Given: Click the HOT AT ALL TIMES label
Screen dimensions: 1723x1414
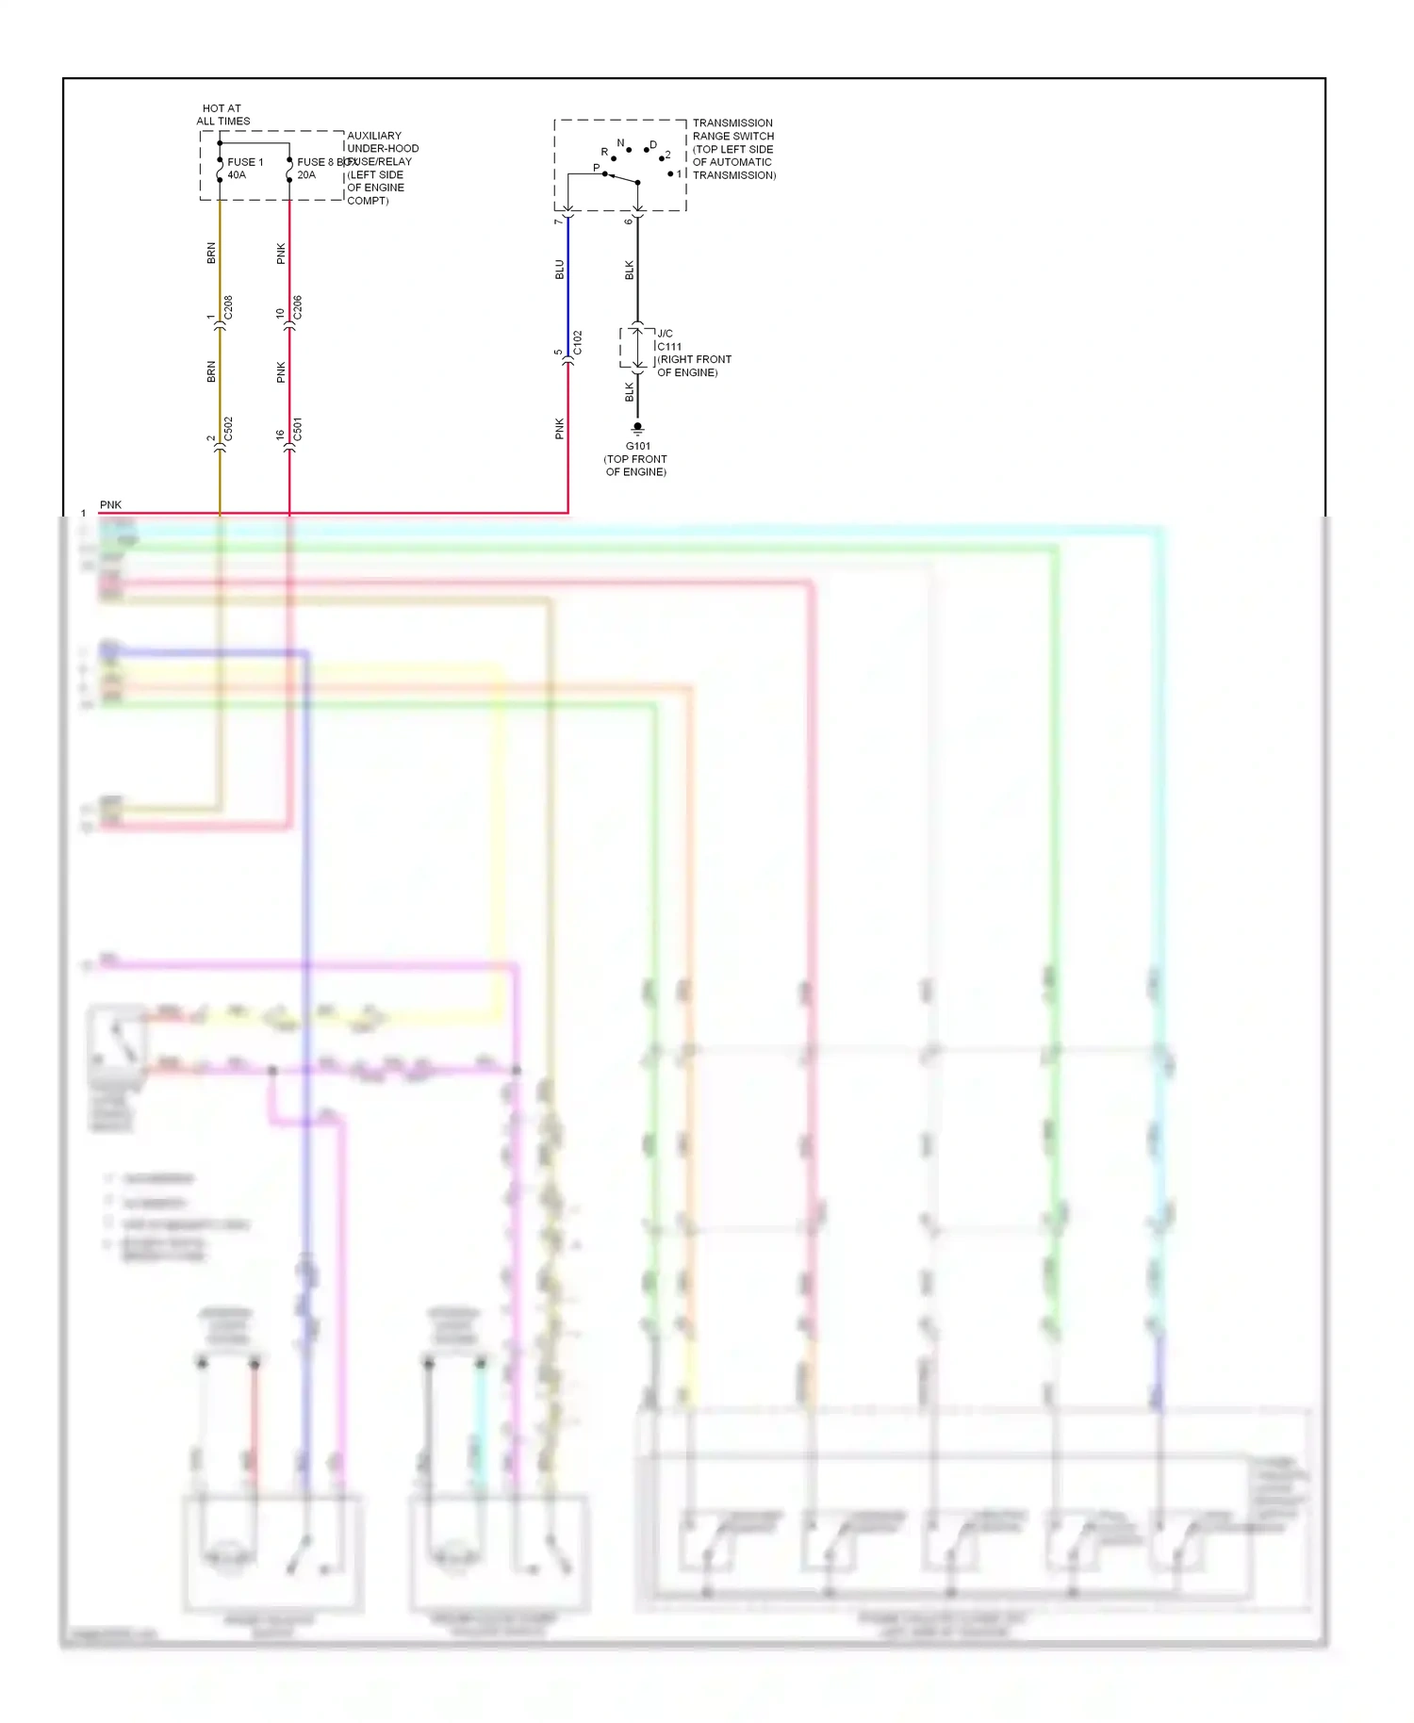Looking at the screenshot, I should click(222, 115).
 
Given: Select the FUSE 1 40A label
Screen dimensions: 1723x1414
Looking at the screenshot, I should click(244, 168).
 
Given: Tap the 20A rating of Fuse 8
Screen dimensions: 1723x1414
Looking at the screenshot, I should click(306, 175).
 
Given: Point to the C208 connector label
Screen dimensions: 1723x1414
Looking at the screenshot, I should click(228, 308).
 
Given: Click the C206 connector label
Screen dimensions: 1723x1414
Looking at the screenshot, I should click(298, 308).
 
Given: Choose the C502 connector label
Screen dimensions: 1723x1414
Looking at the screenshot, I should click(228, 430).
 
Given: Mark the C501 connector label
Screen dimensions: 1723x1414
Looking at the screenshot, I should click(298, 430).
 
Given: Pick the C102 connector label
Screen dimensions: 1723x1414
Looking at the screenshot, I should click(578, 343).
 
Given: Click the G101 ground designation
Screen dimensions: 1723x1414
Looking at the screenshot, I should click(638, 447).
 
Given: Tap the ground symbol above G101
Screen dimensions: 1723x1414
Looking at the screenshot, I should click(638, 428).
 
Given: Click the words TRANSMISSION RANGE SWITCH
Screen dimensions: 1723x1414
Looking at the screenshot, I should click(733, 129).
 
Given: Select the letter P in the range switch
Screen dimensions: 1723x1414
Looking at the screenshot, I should click(596, 169).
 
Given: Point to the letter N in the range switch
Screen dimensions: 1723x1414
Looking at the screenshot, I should click(620, 143).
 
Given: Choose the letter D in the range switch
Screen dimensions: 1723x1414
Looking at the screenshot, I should click(653, 145).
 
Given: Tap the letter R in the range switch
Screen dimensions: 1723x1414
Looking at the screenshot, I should click(604, 152).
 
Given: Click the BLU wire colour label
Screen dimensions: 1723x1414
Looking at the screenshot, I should click(559, 270).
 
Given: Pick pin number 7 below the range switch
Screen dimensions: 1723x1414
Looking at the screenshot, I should click(559, 222).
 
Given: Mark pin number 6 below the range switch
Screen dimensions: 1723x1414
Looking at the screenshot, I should click(629, 222).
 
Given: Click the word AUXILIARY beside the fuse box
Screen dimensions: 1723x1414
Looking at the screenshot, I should click(374, 136).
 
